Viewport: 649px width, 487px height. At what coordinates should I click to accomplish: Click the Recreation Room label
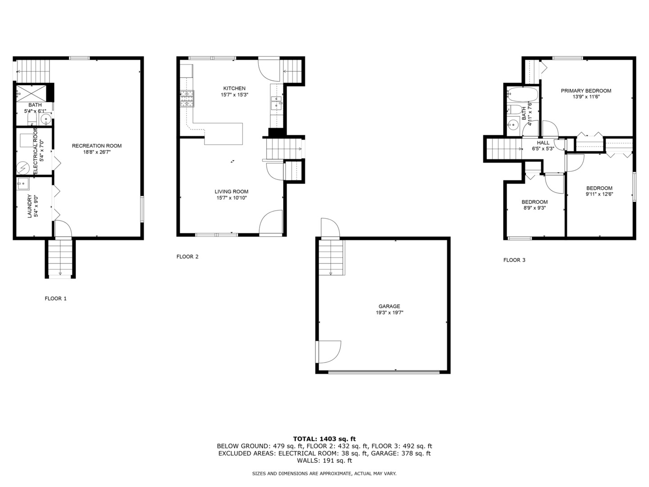[x=96, y=146]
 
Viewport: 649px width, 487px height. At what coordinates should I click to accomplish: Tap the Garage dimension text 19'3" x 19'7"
[x=389, y=312]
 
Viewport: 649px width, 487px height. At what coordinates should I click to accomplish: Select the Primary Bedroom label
[x=586, y=91]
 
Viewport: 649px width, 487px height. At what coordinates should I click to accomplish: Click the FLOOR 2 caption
[x=187, y=257]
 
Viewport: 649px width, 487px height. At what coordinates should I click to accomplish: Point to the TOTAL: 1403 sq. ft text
[x=324, y=438]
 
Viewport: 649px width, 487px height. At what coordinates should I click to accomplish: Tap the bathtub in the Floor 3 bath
[x=522, y=95]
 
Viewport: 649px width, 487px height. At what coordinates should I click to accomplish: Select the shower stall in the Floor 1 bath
[x=32, y=93]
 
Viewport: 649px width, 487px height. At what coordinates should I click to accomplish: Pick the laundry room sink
[x=23, y=183]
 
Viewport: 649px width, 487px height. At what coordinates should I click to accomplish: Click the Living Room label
[x=231, y=192]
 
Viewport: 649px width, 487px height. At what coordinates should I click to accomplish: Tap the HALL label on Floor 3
[x=543, y=142]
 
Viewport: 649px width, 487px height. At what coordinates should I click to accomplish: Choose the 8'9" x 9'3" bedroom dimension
[x=535, y=208]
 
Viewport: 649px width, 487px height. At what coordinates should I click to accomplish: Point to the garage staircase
[x=332, y=257]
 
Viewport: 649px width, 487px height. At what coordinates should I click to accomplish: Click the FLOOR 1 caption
[x=55, y=298]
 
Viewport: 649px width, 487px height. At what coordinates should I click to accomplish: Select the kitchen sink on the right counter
[x=276, y=103]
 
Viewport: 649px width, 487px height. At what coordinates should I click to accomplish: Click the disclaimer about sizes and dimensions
[x=324, y=473]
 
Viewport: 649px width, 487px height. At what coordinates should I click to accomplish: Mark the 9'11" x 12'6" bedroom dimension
[x=599, y=194]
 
